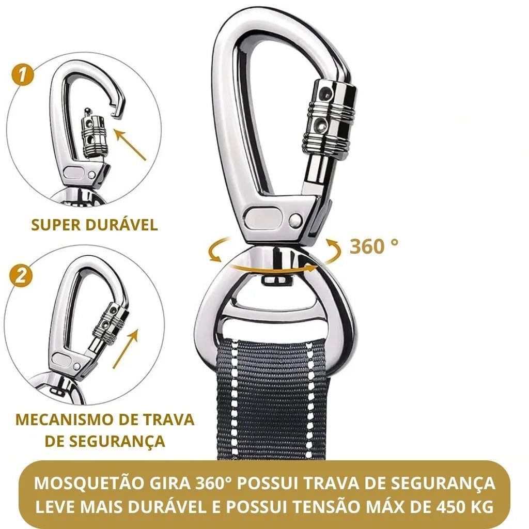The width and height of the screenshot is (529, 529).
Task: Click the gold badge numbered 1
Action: point(22,75)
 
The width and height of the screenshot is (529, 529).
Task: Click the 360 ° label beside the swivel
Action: point(374,246)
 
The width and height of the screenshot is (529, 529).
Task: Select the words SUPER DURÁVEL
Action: point(95,225)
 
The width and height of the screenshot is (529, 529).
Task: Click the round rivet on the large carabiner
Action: point(296,220)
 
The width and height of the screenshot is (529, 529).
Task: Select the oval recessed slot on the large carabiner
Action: point(263,217)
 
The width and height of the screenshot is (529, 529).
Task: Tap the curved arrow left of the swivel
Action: point(216,250)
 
